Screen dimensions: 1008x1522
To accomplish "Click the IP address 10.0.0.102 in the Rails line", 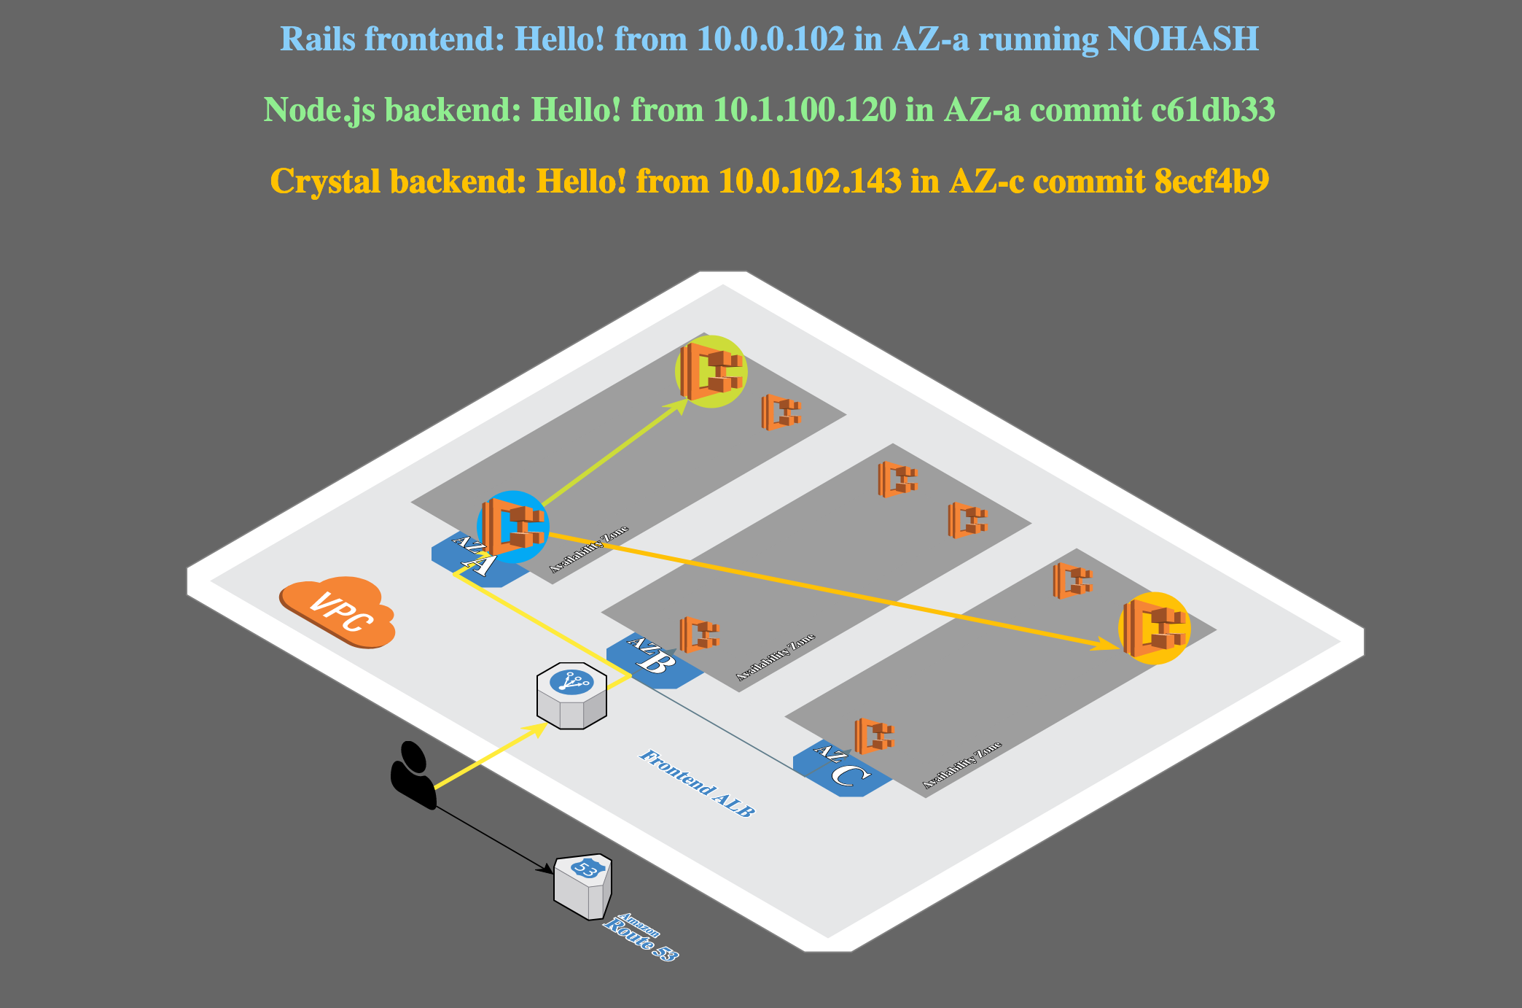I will tap(770, 39).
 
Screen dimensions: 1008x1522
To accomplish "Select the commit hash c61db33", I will tap(1213, 110).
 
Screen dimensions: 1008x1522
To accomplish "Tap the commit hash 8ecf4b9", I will tap(1211, 181).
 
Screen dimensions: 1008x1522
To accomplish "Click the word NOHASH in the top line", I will tap(1182, 39).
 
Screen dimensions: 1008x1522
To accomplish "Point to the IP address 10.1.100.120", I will tap(805, 110).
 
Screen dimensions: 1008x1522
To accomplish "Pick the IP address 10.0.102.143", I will tap(810, 181).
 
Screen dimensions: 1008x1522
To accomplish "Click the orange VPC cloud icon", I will tap(338, 612).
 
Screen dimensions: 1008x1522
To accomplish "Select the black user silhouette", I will tap(413, 775).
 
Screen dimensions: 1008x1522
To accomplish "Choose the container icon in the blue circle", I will tap(512, 527).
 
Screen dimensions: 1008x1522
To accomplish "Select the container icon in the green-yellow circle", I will tap(711, 371).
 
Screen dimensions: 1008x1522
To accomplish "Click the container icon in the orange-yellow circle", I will tap(1154, 628).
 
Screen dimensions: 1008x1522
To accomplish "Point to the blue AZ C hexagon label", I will tap(841, 769).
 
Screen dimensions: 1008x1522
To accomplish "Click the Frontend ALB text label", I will tap(696, 783).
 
